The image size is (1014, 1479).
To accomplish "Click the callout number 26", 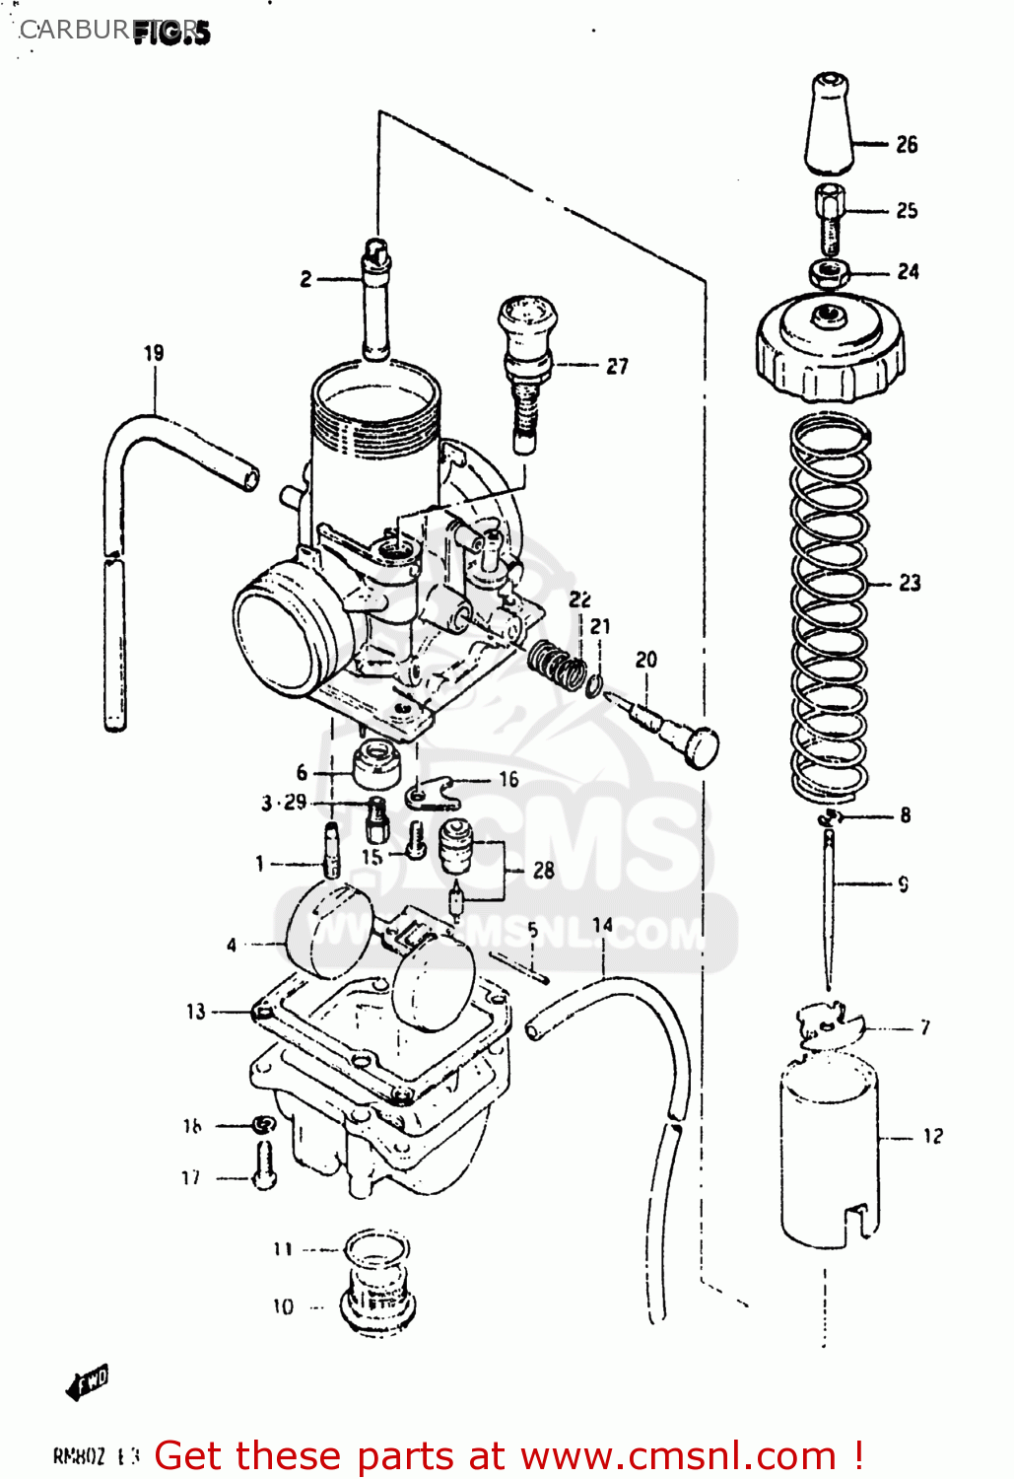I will coord(907,145).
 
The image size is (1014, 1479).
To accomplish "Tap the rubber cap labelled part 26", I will coord(828,123).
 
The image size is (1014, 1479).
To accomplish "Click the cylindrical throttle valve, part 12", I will coord(829,1149).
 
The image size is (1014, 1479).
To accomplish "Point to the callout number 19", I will coord(154,353).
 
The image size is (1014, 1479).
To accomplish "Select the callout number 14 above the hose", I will coord(603,925).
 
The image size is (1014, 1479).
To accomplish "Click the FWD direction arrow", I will coord(88,1382).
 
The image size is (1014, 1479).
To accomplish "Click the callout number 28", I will coord(543,871).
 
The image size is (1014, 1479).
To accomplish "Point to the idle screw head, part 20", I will coord(698,745).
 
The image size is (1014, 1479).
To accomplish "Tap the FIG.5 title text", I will coord(171,33).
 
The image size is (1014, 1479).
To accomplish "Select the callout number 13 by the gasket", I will coord(196,1012).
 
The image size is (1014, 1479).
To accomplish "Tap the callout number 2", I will coord(305,280).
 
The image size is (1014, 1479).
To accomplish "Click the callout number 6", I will coord(302,773).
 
